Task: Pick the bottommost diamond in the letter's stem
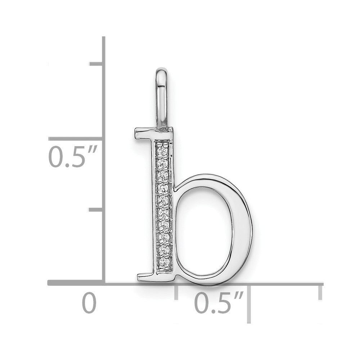pyautogui.click(x=163, y=262)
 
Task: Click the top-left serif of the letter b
pyautogui.click(x=143, y=134)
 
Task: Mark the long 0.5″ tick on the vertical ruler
pyautogui.click(x=76, y=139)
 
